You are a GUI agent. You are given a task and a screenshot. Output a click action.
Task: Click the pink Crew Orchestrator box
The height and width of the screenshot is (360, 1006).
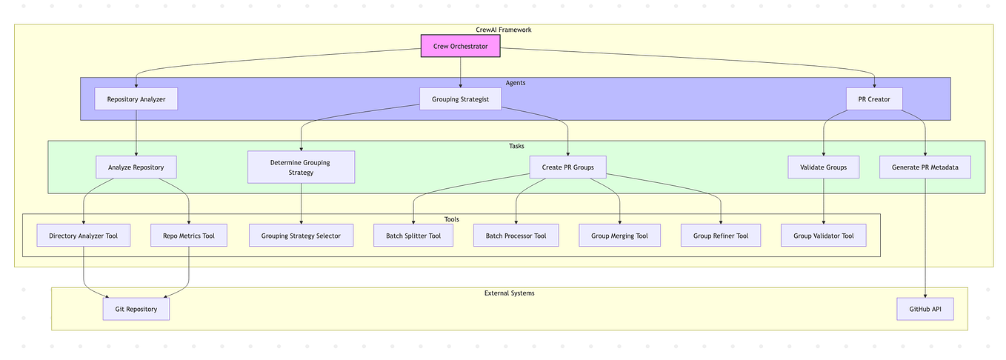(x=460, y=46)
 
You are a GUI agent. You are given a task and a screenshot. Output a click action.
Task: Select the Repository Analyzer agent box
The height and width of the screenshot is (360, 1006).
(x=136, y=99)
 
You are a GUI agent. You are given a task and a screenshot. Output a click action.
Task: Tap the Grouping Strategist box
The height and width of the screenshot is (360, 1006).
(x=460, y=99)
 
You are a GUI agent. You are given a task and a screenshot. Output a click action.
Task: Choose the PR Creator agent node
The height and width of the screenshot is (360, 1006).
(x=874, y=99)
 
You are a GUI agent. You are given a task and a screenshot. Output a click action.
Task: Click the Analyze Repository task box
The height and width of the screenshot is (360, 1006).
(x=136, y=167)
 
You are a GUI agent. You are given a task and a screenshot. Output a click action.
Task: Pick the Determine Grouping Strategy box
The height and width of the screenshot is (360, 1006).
(x=301, y=167)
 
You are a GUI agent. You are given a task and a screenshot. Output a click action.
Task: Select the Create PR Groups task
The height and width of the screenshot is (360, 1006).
(x=567, y=167)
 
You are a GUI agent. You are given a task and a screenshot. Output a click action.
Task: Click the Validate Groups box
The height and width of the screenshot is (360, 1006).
(x=823, y=167)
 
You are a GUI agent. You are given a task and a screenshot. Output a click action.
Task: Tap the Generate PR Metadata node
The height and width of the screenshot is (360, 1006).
(x=925, y=167)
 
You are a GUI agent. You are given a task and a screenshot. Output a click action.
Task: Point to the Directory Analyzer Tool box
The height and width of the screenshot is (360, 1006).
(x=84, y=236)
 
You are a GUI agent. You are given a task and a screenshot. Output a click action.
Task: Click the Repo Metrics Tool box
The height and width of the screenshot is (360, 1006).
(x=189, y=236)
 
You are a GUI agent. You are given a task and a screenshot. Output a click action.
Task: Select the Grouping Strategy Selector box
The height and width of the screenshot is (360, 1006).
(x=301, y=236)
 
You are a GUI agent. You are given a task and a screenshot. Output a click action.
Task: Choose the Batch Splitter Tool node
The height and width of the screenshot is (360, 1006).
(x=413, y=236)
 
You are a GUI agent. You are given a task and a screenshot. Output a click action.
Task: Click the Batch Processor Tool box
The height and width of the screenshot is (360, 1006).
(x=516, y=236)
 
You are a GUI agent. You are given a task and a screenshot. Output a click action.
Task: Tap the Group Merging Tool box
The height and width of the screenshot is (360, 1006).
(x=619, y=236)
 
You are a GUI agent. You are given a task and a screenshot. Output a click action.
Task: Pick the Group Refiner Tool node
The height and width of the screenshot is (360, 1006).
(x=721, y=236)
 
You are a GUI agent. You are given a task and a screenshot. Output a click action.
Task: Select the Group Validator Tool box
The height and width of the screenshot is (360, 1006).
(x=823, y=236)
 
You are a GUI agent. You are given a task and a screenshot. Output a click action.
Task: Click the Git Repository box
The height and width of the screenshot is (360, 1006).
(x=136, y=309)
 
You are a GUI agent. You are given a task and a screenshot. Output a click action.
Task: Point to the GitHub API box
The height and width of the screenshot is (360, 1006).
(x=925, y=309)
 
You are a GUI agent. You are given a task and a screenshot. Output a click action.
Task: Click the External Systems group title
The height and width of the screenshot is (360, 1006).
(x=509, y=293)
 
